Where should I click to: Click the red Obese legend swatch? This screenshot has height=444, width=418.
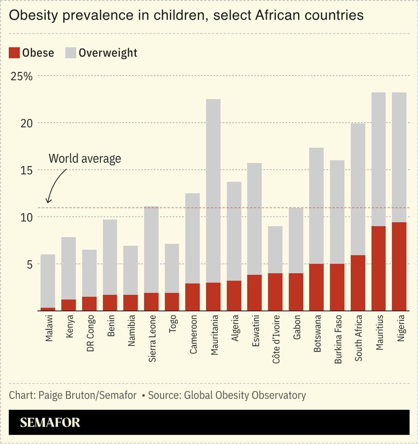(14, 53)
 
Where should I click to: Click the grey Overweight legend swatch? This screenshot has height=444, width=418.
(71, 53)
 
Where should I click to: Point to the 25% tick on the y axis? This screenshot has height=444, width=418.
(22, 77)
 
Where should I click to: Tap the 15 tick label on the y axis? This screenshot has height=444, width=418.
(26, 171)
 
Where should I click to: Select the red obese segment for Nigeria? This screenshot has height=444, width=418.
(399, 266)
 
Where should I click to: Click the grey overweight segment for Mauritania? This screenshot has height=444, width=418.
(213, 191)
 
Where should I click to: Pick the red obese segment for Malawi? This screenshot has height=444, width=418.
(48, 309)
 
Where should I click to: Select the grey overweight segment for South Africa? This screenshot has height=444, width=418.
(358, 189)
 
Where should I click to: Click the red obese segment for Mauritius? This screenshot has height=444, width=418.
(378, 268)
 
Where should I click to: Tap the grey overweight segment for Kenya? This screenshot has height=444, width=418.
(69, 268)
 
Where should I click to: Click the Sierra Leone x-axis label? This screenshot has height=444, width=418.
(152, 338)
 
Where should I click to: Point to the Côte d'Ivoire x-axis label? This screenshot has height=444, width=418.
(276, 339)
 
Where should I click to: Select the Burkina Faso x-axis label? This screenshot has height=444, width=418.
(338, 339)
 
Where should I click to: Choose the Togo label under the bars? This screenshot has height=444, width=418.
(173, 324)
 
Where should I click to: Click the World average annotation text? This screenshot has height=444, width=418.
(85, 159)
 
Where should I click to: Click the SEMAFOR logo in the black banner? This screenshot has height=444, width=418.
(50, 423)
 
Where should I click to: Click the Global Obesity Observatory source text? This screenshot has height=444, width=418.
(245, 395)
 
